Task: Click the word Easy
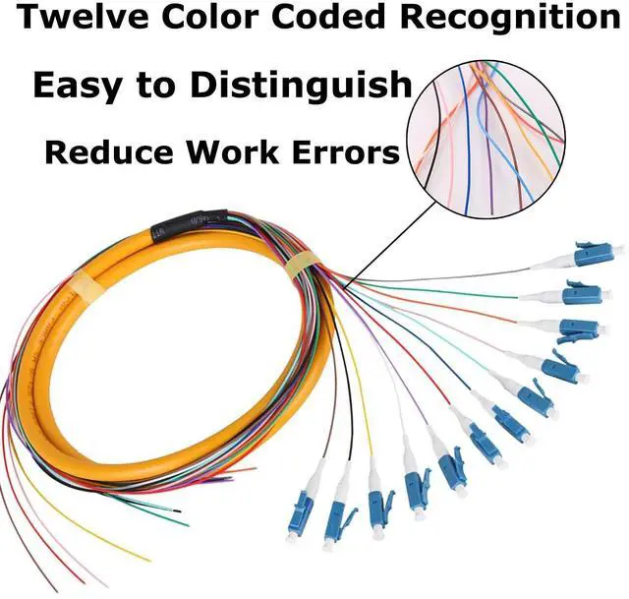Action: coord(80,86)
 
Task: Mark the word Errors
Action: coord(348,152)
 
